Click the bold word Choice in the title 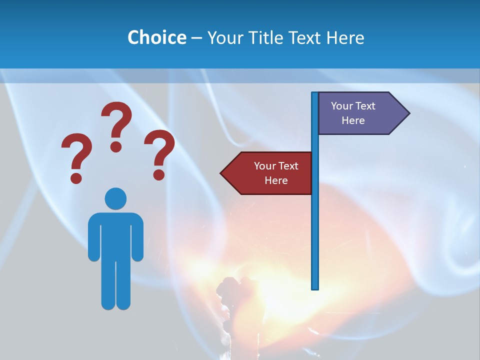click(x=156, y=37)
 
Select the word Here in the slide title click(x=345, y=37)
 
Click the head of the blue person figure click(x=115, y=198)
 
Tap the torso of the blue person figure click(x=115, y=235)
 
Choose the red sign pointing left click(x=270, y=173)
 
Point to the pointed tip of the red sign click(x=221, y=173)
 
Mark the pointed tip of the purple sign click(x=408, y=113)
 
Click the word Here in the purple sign click(x=353, y=120)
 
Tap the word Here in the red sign click(x=276, y=180)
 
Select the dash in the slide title click(x=196, y=38)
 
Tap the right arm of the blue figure click(x=137, y=237)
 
